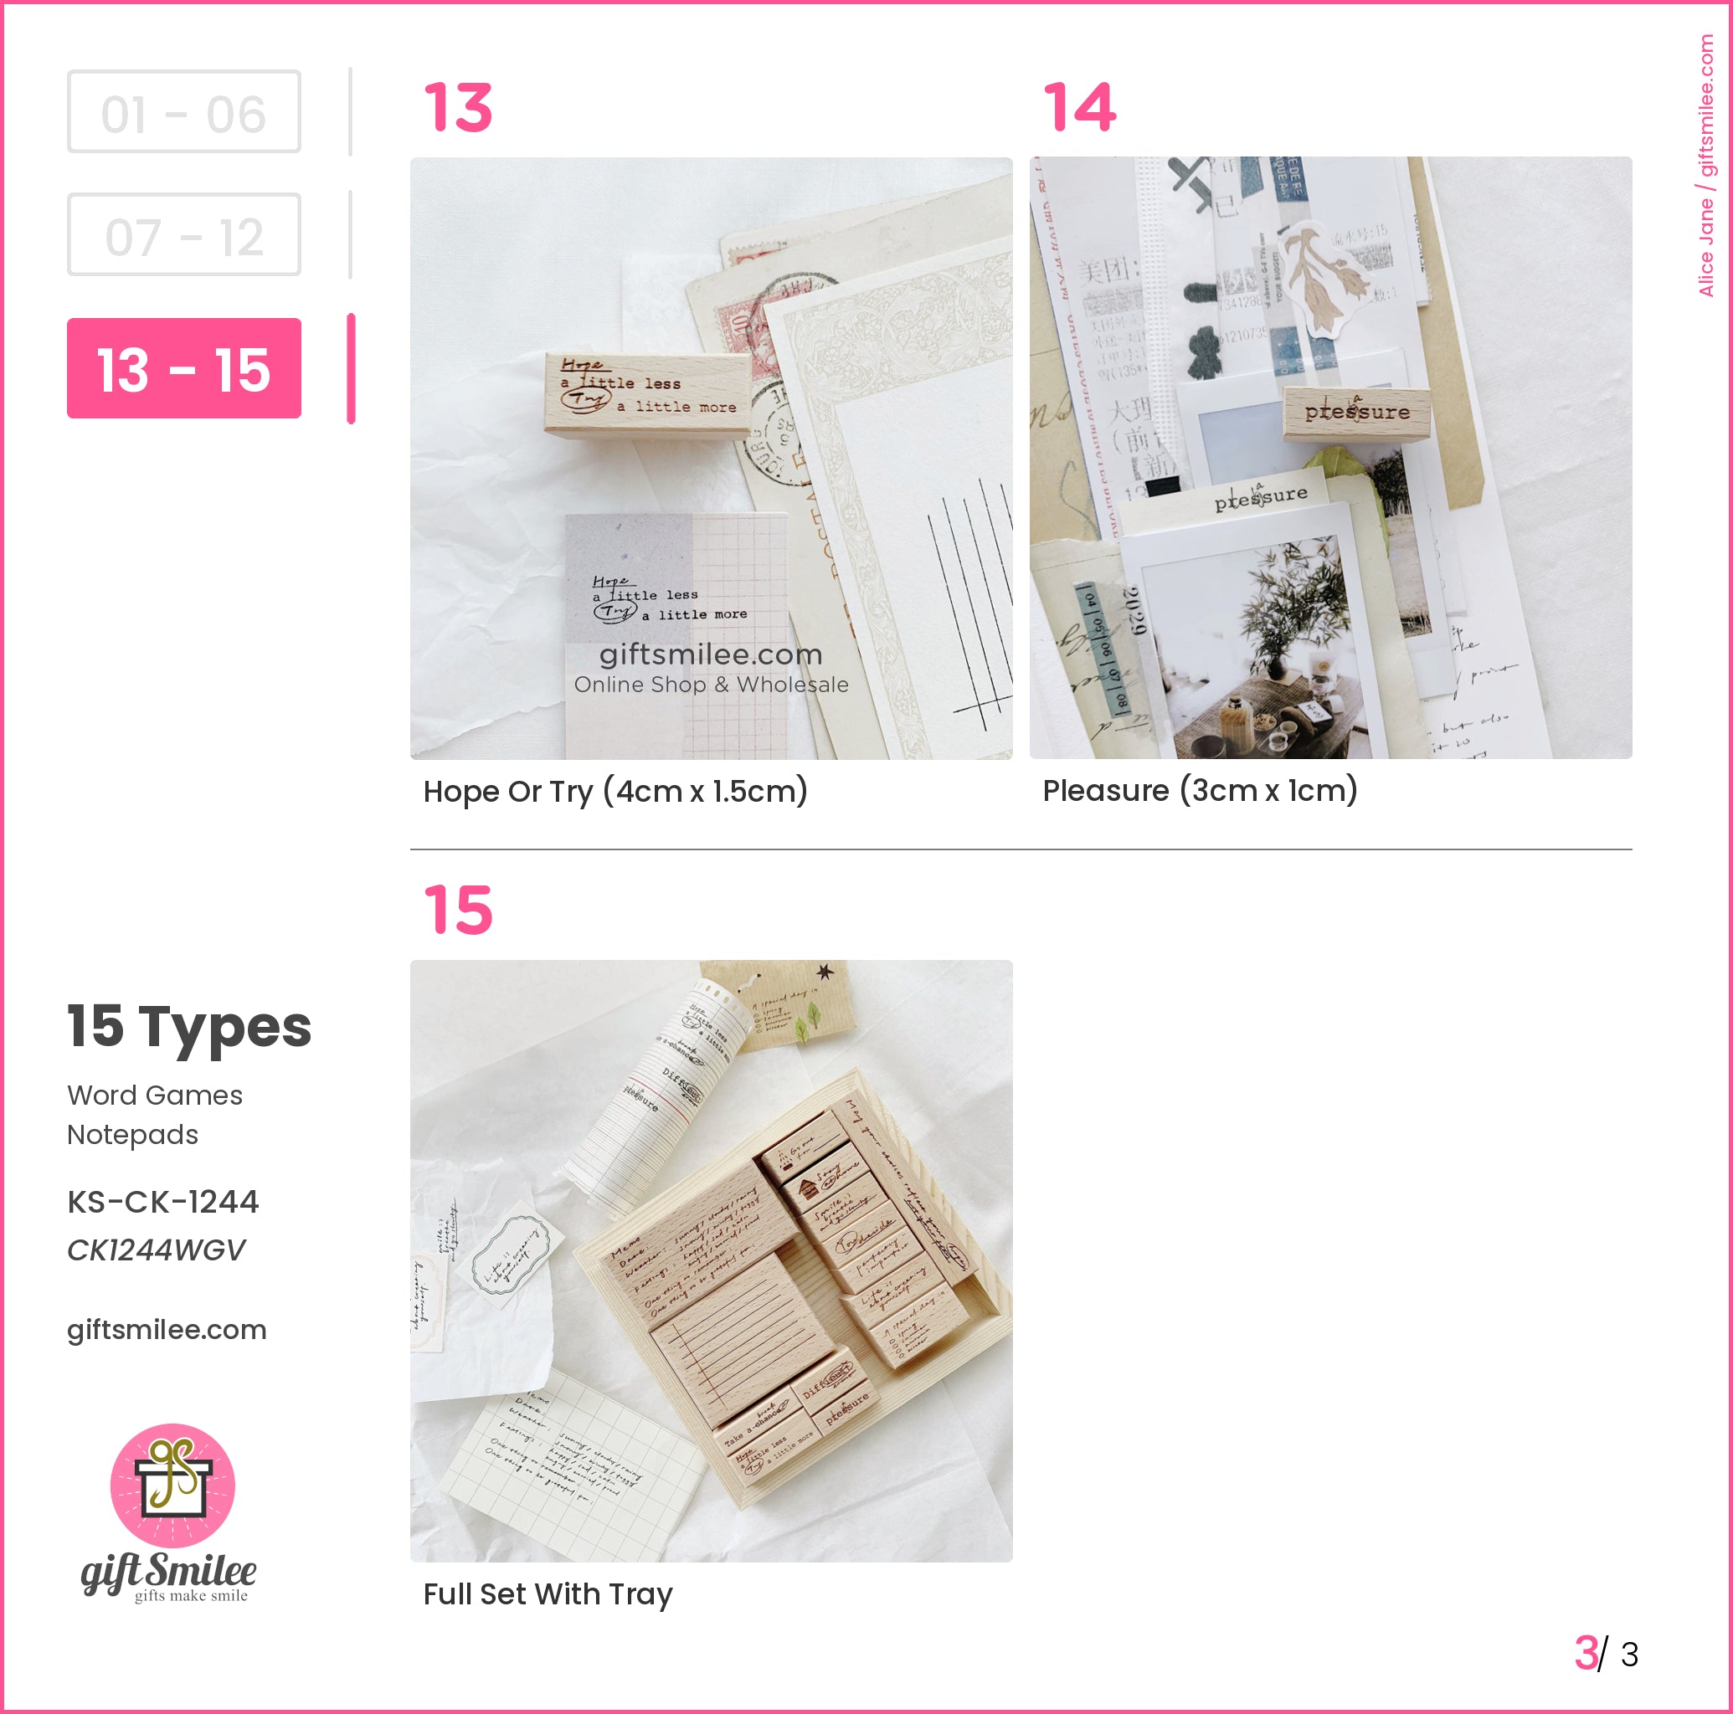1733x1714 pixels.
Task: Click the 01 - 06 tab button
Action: tap(184, 112)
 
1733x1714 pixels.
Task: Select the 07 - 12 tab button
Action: tap(184, 235)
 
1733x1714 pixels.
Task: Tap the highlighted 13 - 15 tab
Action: tap(184, 368)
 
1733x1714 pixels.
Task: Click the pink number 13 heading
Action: tap(459, 108)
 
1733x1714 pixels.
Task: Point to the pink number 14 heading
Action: tap(1080, 108)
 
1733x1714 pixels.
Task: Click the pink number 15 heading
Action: tap(459, 911)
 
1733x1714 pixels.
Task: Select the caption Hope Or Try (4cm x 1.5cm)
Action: tap(615, 791)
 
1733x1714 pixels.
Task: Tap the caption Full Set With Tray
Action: tap(548, 1593)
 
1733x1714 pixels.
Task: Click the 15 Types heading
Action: tap(189, 1026)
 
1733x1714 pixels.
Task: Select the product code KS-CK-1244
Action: tap(163, 1202)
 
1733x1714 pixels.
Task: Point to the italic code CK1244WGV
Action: tap(156, 1250)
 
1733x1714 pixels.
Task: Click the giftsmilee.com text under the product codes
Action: tap(167, 1329)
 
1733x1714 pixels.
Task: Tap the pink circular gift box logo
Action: tap(172, 1486)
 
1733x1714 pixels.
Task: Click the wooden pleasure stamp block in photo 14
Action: tap(1356, 412)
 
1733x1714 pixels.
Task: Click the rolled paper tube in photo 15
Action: tap(664, 1094)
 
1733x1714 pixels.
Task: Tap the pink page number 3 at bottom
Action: tap(1586, 1653)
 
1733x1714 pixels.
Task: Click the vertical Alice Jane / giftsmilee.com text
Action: tap(1706, 166)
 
